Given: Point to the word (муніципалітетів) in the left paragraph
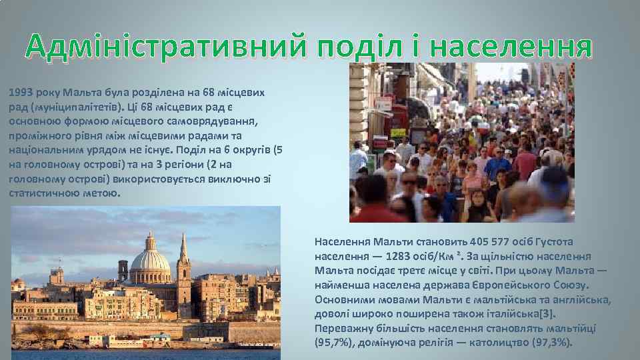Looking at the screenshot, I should (68, 107).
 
